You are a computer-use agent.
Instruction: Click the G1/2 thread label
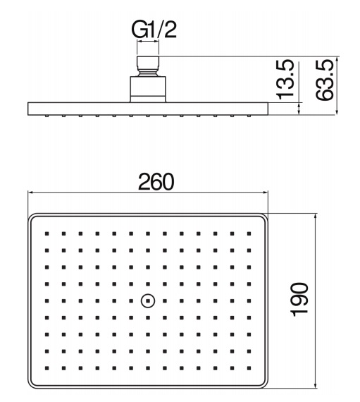point(154,30)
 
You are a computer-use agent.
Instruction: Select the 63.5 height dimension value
point(324,80)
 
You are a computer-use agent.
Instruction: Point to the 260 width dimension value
point(156,182)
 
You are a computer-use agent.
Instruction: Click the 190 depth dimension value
point(299,300)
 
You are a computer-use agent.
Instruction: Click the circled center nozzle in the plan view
point(148,300)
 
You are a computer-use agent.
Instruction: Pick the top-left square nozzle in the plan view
point(47,233)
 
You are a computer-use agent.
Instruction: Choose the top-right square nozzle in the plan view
point(249,233)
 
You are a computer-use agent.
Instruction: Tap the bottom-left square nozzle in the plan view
point(47,368)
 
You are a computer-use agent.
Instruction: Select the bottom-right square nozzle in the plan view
point(249,368)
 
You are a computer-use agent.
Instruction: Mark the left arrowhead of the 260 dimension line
point(30,193)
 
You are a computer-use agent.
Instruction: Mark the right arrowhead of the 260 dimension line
point(266,193)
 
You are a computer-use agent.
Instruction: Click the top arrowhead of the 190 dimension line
point(316,217)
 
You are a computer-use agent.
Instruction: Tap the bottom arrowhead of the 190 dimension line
point(316,384)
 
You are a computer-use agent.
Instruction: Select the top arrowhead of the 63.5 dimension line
point(337,59)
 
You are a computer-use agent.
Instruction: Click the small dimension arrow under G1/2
point(148,40)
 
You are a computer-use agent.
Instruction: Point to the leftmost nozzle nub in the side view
point(47,116)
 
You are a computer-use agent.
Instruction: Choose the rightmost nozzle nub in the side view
point(249,116)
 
